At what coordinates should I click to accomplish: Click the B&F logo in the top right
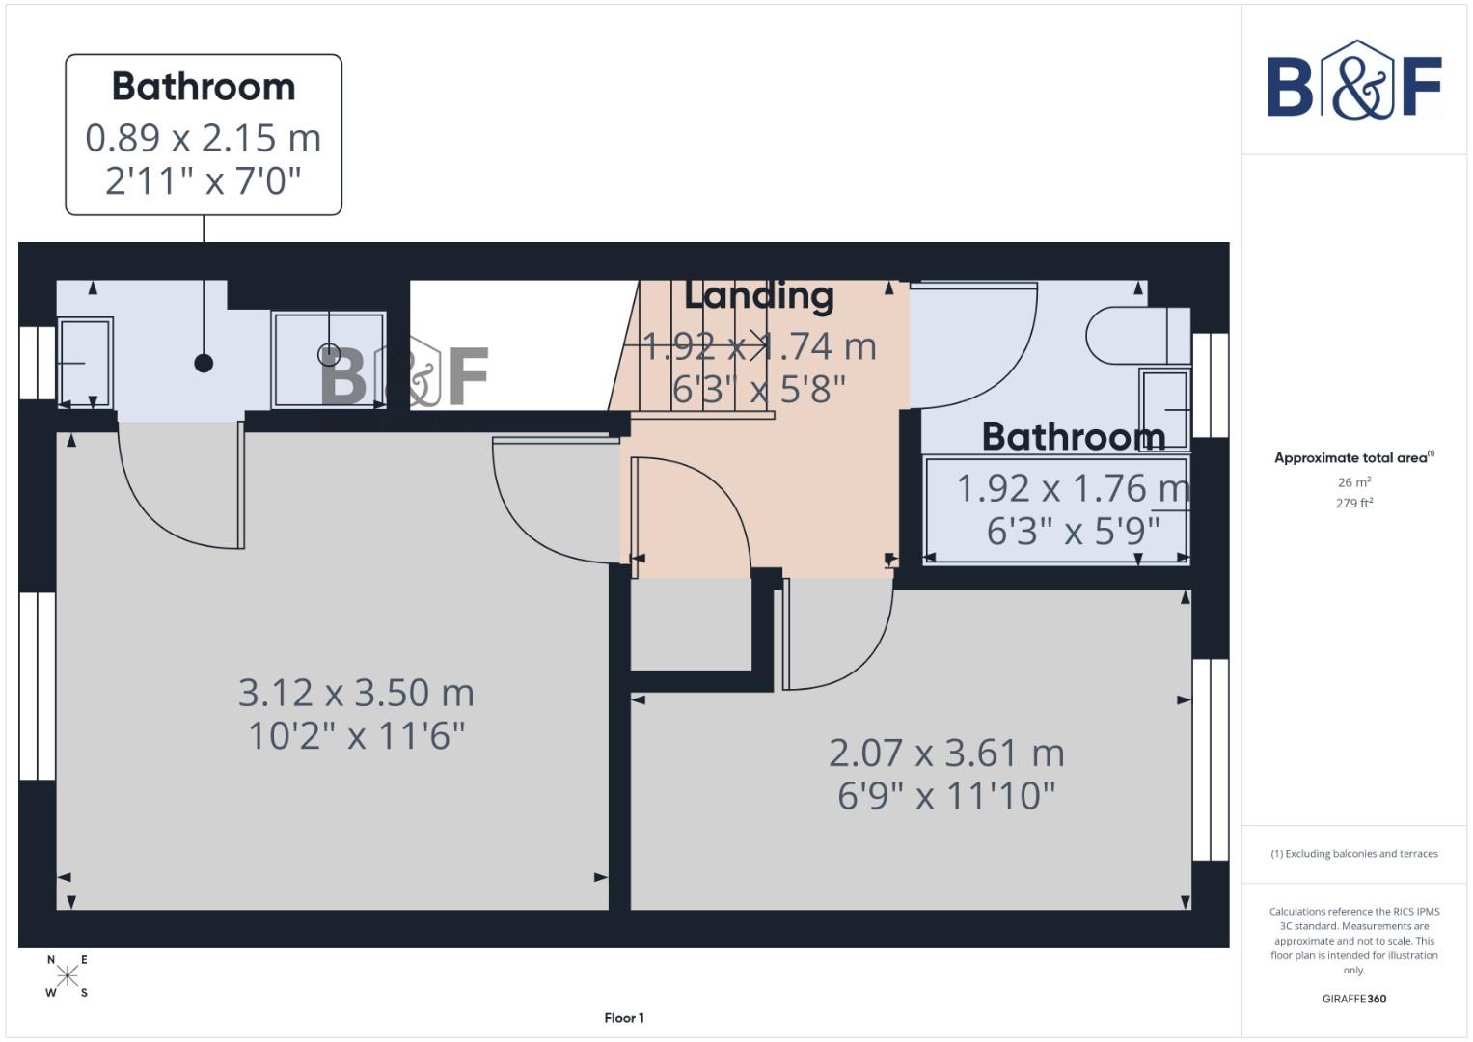(1353, 81)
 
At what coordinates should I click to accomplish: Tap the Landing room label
(758, 296)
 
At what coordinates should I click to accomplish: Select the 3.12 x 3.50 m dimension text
(356, 693)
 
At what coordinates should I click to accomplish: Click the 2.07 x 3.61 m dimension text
(946, 753)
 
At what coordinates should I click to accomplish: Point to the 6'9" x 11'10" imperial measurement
(946, 797)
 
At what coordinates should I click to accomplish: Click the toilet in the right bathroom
(1133, 335)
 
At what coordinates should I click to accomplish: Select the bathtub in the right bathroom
(1056, 509)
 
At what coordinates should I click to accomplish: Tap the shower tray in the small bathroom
(329, 359)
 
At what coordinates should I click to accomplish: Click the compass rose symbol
(67, 976)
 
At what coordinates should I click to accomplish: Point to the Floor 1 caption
(624, 1018)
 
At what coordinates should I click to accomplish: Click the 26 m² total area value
(1353, 482)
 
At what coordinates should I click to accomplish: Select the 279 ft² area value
(1353, 504)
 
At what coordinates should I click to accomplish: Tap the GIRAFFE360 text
(1353, 999)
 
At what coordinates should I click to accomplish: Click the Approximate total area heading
(1353, 458)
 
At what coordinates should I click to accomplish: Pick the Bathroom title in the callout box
(204, 87)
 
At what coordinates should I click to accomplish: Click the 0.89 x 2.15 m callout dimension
(204, 138)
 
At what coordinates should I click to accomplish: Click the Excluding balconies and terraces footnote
(1353, 854)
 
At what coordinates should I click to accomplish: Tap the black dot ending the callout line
(204, 363)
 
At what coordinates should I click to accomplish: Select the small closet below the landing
(691, 624)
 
